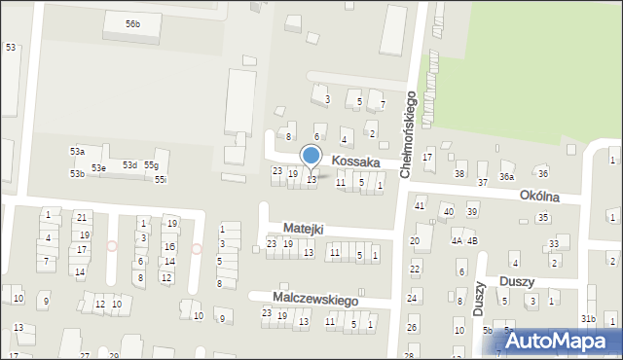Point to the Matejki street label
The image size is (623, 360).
303,228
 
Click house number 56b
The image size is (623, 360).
132,23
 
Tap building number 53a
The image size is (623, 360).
77,152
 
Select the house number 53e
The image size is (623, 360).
99,168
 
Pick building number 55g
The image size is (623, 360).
151,165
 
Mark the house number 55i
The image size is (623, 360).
161,179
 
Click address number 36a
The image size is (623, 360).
506,176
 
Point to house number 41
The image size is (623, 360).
420,205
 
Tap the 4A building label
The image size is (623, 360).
457,239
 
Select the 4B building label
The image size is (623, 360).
472,239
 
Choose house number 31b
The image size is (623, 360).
588,319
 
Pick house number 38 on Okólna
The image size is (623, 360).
459,174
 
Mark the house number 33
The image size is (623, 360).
554,243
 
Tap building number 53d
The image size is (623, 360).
129,165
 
